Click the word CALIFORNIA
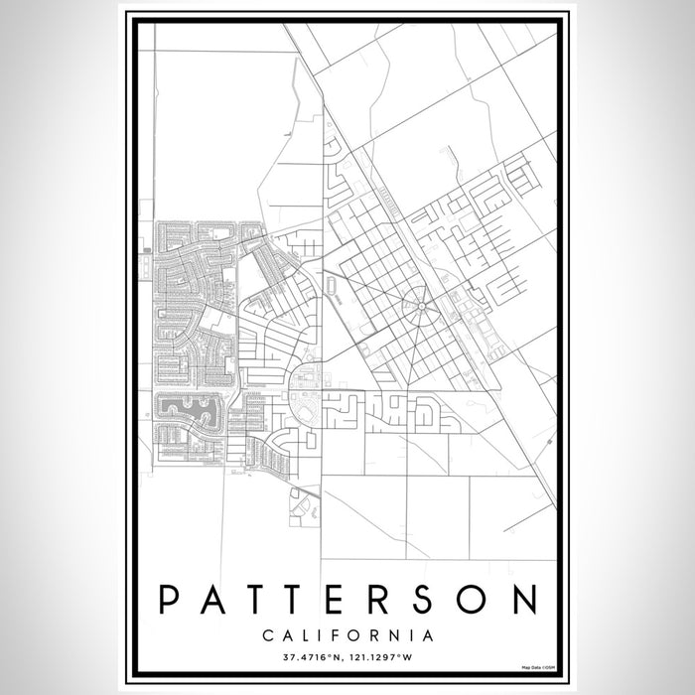[x=347, y=633]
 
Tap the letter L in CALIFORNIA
[x=306, y=633]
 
